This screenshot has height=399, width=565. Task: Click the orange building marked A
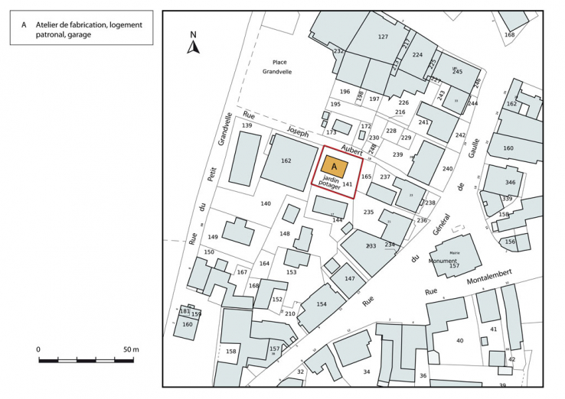334,166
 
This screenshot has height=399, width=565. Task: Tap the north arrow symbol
194,44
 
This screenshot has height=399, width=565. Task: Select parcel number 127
383,37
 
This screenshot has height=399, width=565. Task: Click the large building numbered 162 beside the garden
286,161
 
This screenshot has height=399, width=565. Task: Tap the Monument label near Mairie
443,261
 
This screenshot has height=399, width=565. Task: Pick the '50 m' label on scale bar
130,349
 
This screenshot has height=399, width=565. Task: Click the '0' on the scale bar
38,349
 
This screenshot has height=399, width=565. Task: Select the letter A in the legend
24,24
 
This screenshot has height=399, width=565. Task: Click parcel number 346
510,183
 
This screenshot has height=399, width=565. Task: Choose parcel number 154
322,304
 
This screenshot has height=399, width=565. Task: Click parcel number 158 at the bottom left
230,352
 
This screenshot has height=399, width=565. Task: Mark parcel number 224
417,55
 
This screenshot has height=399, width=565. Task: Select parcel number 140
266,203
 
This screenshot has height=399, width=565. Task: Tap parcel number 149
213,237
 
